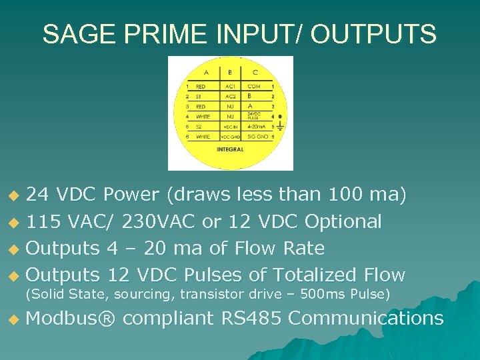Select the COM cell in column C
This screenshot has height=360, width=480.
point(254,86)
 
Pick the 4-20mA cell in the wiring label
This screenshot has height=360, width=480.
point(256,126)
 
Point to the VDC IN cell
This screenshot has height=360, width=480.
point(229,126)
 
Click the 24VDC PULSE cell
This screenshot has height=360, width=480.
point(255,115)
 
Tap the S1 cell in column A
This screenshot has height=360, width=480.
point(198,96)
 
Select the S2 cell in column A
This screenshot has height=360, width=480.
point(198,126)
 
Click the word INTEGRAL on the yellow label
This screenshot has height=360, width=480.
point(229,149)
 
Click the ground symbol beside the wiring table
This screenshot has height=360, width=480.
point(279,124)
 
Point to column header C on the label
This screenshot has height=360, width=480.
point(256,72)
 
